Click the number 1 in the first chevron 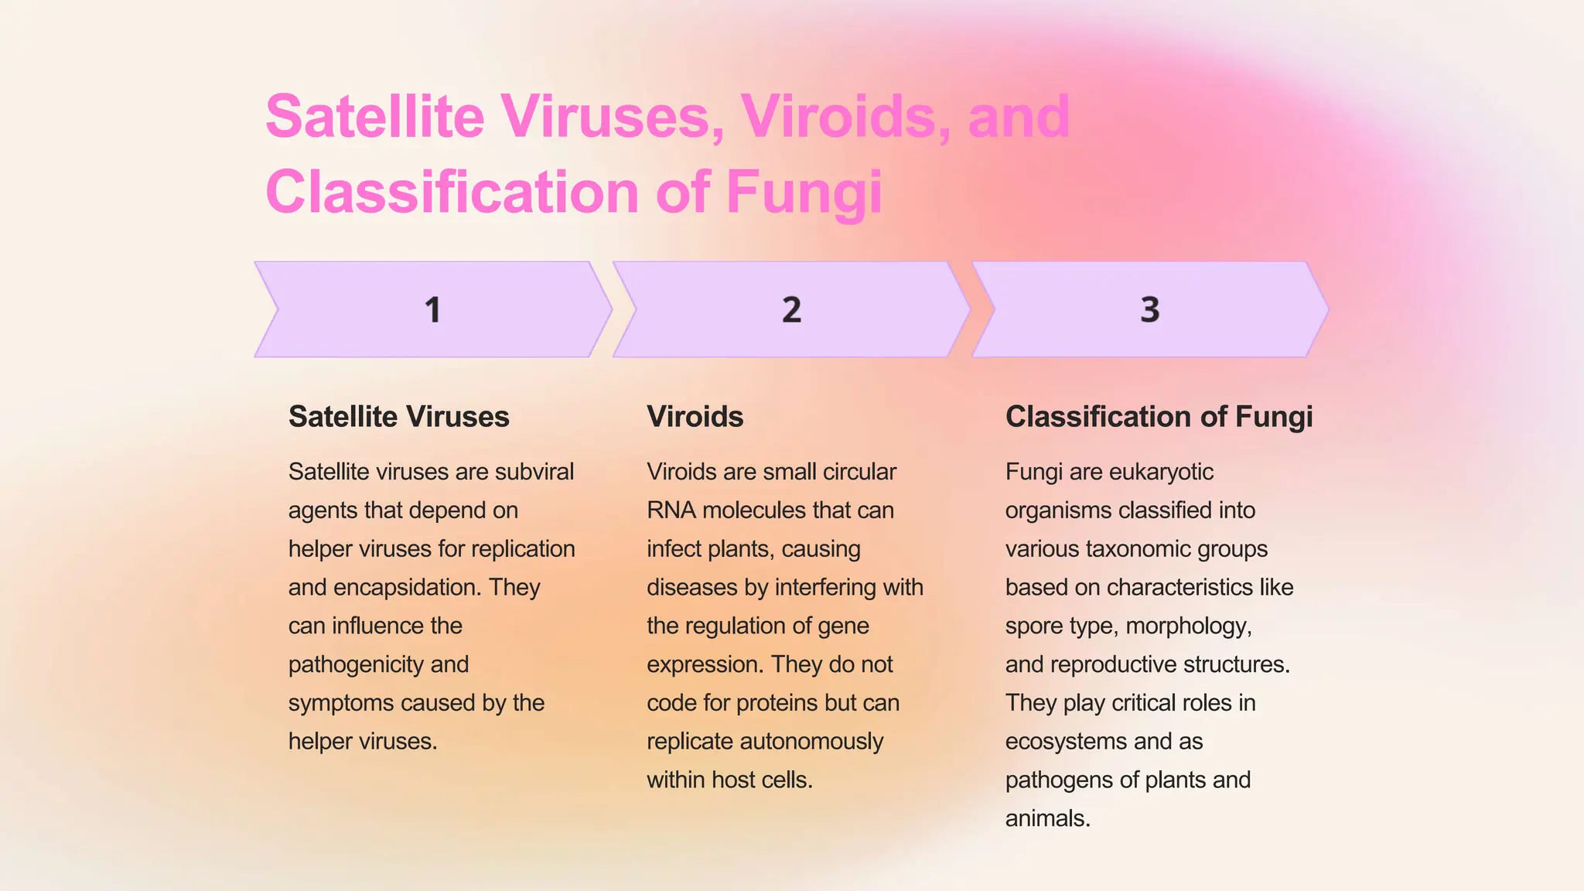[432, 310]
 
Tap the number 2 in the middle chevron [791, 310]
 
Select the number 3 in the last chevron [1150, 310]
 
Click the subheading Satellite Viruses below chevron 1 [398, 417]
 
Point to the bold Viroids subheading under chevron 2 [695, 417]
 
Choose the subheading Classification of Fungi [1159, 417]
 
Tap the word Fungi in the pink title [804, 192]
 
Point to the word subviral [534, 472]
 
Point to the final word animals [1047, 818]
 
